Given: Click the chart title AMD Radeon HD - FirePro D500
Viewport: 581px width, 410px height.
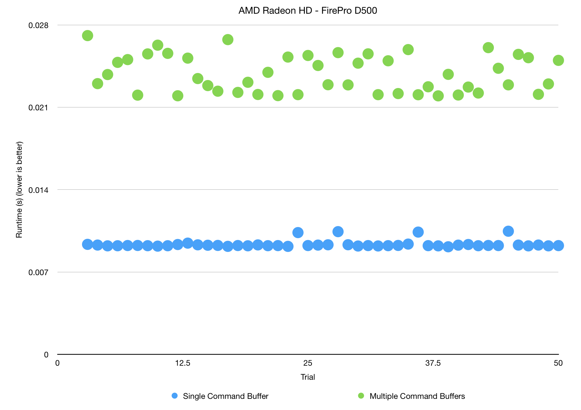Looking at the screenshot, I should point(308,11).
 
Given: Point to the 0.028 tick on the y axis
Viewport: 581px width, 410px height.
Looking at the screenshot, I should point(38,25).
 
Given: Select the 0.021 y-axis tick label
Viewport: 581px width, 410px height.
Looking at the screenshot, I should point(38,108).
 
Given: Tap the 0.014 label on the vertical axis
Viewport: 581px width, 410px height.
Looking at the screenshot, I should point(38,190).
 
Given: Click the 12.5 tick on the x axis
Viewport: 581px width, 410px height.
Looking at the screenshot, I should point(183,363).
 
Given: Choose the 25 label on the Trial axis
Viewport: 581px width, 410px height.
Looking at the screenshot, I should point(308,363).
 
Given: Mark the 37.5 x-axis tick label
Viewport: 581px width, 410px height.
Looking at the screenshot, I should point(433,363).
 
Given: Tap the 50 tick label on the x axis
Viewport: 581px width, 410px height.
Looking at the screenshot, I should point(558,363).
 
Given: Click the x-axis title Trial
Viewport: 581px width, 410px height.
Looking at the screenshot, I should point(308,377).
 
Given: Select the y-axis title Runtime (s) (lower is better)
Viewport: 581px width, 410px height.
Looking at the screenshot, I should point(19,190).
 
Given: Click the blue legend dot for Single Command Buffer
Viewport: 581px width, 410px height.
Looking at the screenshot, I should point(175,396).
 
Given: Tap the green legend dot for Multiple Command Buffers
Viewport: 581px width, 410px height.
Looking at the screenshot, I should point(361,396).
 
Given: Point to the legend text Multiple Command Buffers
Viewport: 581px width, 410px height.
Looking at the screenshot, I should point(417,396).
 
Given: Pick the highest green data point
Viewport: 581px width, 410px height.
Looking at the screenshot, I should point(87,35).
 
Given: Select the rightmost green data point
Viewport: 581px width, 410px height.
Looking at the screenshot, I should point(558,60).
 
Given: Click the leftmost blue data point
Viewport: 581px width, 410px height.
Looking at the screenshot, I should point(87,245).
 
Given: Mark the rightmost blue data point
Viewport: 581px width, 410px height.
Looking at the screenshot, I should point(558,245).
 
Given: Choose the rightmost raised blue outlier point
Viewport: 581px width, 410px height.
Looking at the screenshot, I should point(508,231).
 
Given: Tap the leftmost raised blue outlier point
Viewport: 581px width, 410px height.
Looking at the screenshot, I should point(298,232).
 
